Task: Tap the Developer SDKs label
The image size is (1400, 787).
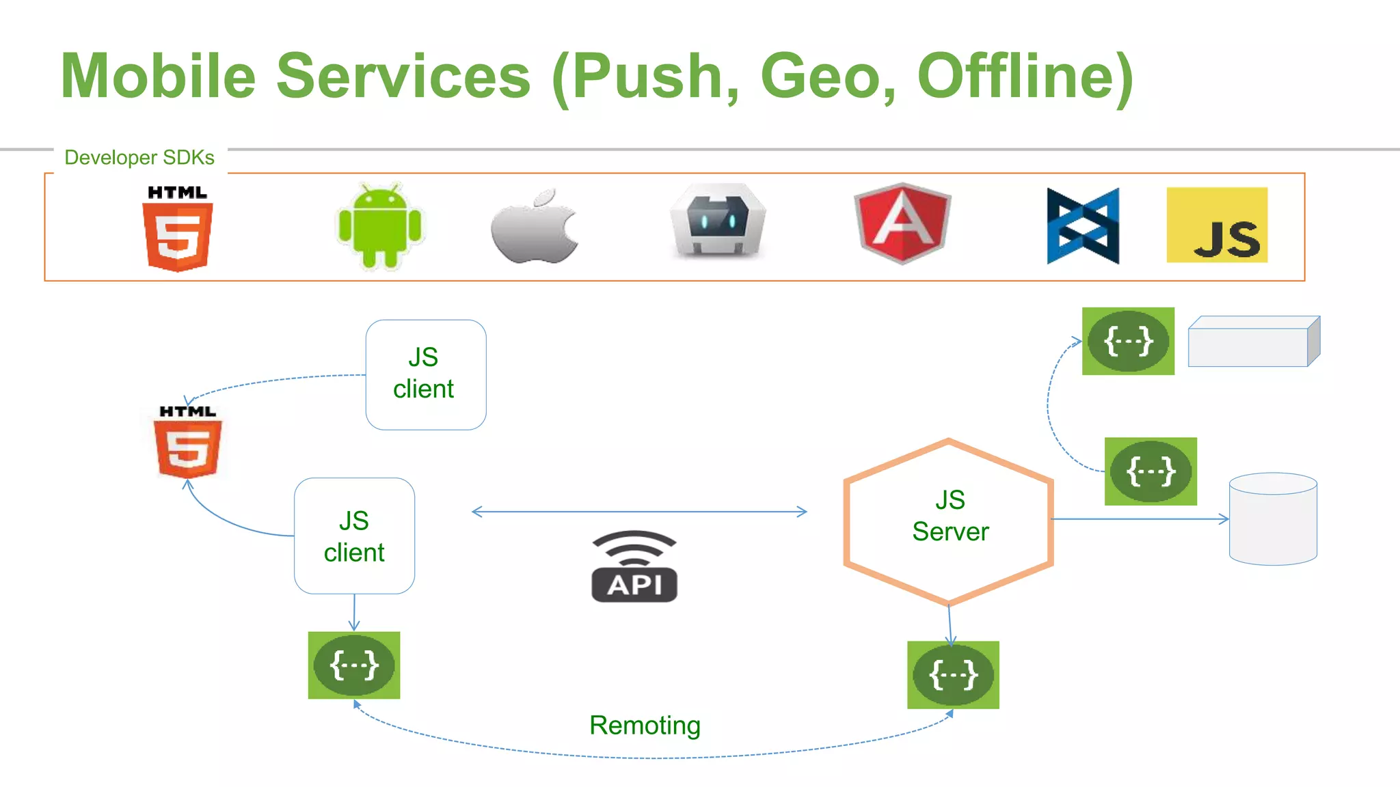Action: click(139, 158)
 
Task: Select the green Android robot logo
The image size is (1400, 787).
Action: click(381, 225)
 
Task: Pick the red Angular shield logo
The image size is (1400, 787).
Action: click(902, 223)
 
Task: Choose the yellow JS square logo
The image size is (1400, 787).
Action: click(1217, 225)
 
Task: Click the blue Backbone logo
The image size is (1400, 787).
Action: click(1083, 226)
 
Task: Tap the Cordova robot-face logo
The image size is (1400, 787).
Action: click(718, 220)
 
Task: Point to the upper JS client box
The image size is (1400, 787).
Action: click(426, 374)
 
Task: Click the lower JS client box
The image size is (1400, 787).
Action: click(354, 536)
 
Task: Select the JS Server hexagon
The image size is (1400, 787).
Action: click(949, 521)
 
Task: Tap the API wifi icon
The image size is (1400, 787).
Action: click(634, 567)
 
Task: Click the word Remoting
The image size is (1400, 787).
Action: click(645, 726)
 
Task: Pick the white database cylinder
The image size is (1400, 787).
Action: click(1273, 519)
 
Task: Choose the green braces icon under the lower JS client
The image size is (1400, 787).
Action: click(354, 665)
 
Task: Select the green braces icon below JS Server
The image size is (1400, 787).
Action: click(953, 675)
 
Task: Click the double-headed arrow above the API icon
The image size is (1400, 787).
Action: click(639, 512)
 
